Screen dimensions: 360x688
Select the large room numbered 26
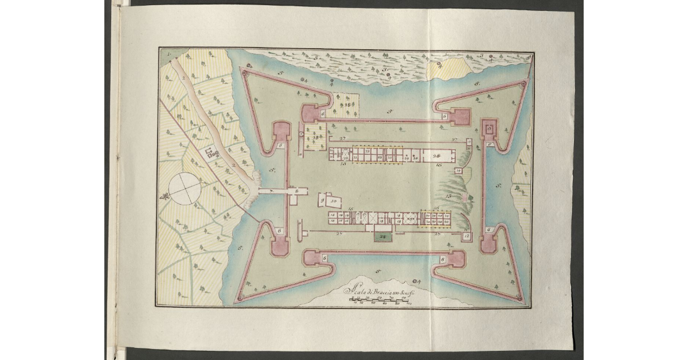click(437, 155)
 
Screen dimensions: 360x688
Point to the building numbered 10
click(333, 201)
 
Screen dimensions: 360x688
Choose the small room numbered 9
click(323, 201)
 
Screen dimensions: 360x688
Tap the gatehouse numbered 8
click(296, 191)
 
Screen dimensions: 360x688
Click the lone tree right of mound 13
click(470, 198)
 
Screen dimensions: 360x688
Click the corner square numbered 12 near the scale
click(467, 236)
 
